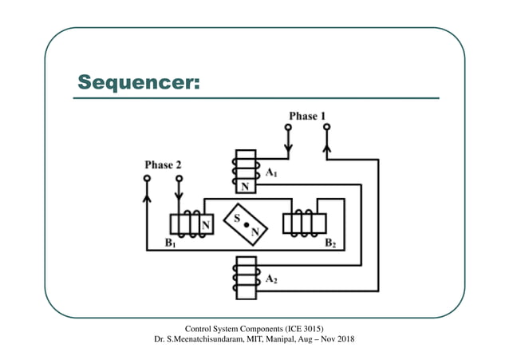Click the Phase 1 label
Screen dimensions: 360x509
(306, 117)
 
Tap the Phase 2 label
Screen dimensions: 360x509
(163, 165)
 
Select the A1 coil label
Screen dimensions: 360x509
(272, 172)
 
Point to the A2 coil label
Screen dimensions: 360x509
(272, 279)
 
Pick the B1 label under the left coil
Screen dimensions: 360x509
(169, 246)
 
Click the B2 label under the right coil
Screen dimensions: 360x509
(330, 246)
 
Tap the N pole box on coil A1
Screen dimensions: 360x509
(245, 186)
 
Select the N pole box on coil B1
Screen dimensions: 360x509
(206, 225)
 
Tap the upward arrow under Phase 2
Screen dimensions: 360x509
(146, 194)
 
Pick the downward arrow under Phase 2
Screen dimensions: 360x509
(179, 194)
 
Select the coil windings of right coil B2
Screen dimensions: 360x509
(302, 224)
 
